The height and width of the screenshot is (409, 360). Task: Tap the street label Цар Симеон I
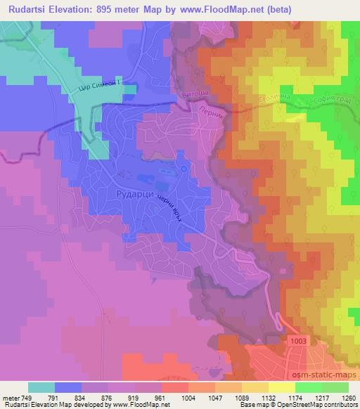[x=106, y=86]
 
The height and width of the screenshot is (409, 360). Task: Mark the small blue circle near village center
[x=184, y=169]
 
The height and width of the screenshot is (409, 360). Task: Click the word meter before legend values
[x=11, y=397]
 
